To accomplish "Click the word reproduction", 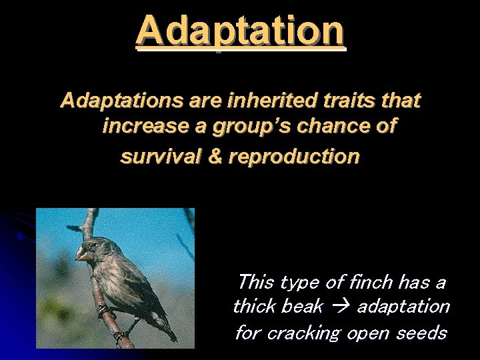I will [x=294, y=157].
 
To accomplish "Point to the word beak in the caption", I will [x=304, y=307].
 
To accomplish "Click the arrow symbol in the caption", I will [x=341, y=307].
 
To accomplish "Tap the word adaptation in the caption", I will [x=403, y=307].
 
